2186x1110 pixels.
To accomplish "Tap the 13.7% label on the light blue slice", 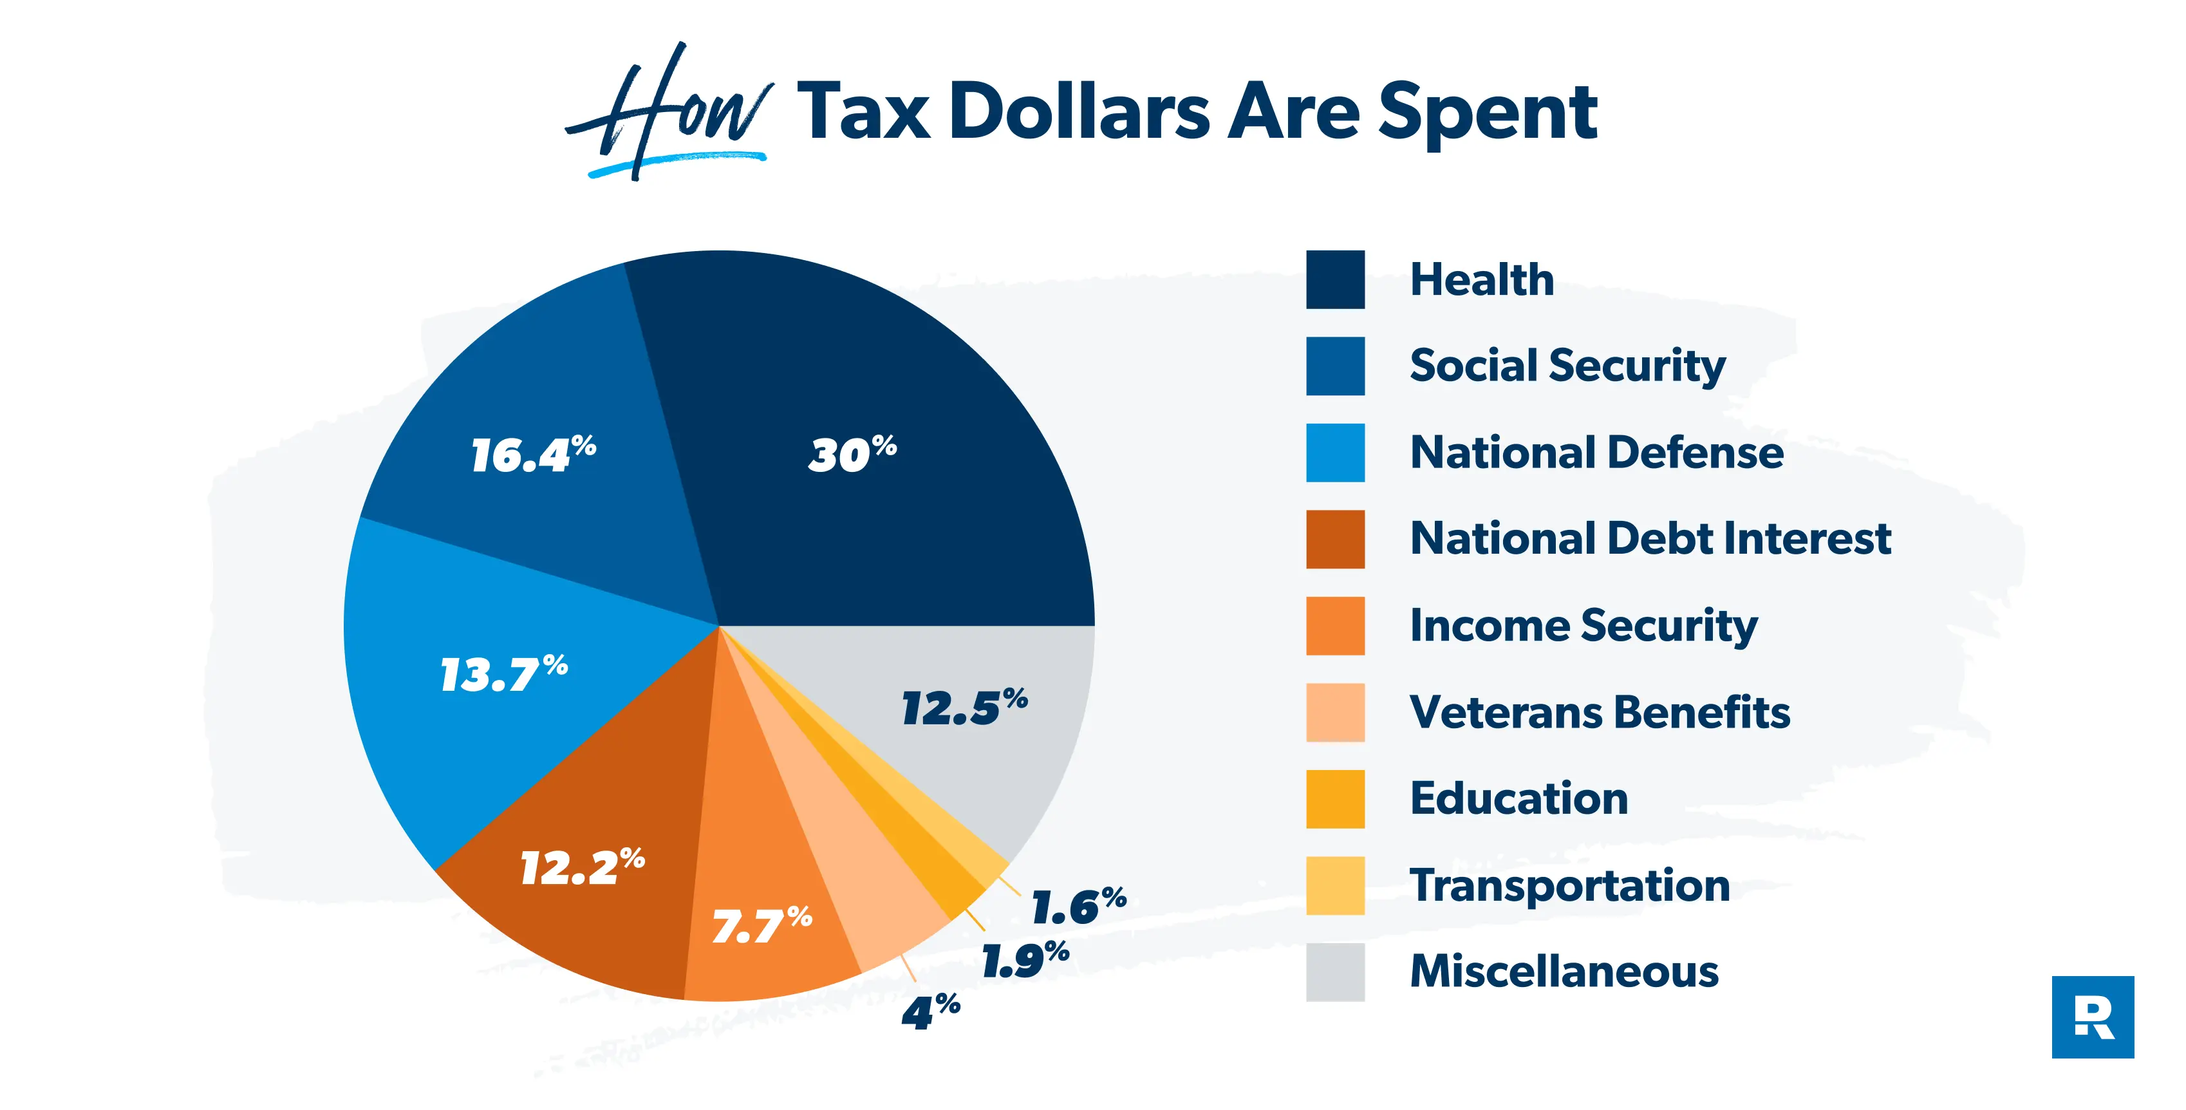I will point(504,674).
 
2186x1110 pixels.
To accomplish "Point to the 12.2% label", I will point(582,867).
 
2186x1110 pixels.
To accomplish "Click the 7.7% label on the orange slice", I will point(762,925).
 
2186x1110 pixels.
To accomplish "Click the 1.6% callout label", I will point(1078,907).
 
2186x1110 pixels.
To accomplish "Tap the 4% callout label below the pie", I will point(930,1011).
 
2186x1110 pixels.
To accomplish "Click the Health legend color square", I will point(1335,279).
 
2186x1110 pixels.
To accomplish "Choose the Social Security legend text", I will point(1567,366).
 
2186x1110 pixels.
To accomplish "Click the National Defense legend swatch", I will point(1335,453).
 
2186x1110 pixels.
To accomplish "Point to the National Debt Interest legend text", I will point(1650,539).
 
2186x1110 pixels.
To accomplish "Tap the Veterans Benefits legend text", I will point(1600,713).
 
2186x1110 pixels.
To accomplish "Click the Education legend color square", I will point(1335,798).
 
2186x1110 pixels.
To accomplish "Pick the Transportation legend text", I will point(1569,886).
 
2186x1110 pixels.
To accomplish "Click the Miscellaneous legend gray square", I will point(1335,972).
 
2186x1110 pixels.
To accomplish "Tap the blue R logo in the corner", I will point(2092,1017).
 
